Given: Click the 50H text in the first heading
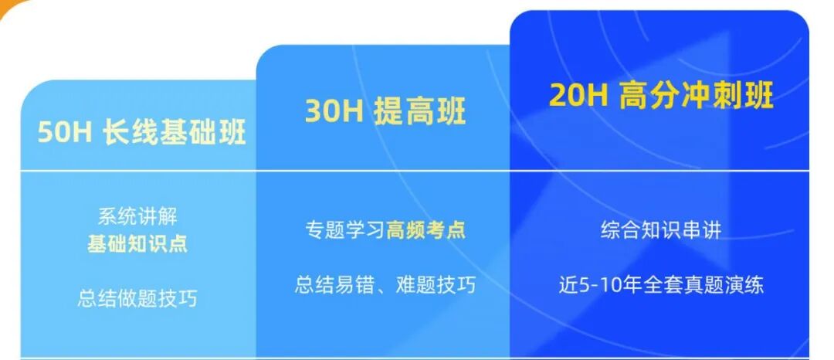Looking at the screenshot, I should point(65,133).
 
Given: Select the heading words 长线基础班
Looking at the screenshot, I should point(174,133).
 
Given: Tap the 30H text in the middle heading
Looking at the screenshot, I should point(334,112).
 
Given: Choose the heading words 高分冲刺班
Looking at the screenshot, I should point(697,95).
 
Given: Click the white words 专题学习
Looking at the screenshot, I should point(345,230).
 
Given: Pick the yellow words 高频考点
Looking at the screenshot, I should point(426,230).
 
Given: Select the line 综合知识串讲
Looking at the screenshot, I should point(660,230).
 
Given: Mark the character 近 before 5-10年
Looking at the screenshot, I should point(568,285).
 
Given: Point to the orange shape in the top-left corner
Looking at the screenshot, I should point(14,8).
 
